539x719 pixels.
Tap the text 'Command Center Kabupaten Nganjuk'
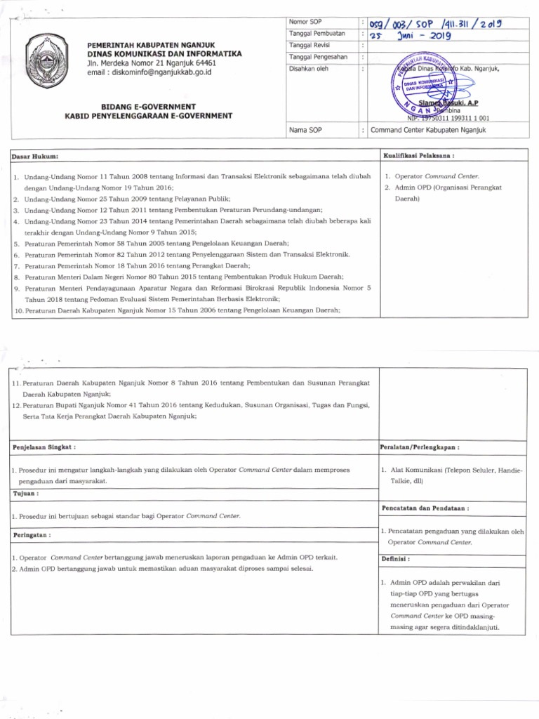(x=428, y=131)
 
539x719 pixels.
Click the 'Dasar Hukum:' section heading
(x=35, y=155)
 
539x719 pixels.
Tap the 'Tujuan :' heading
(x=26, y=494)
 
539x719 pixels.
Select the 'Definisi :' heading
(x=395, y=559)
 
